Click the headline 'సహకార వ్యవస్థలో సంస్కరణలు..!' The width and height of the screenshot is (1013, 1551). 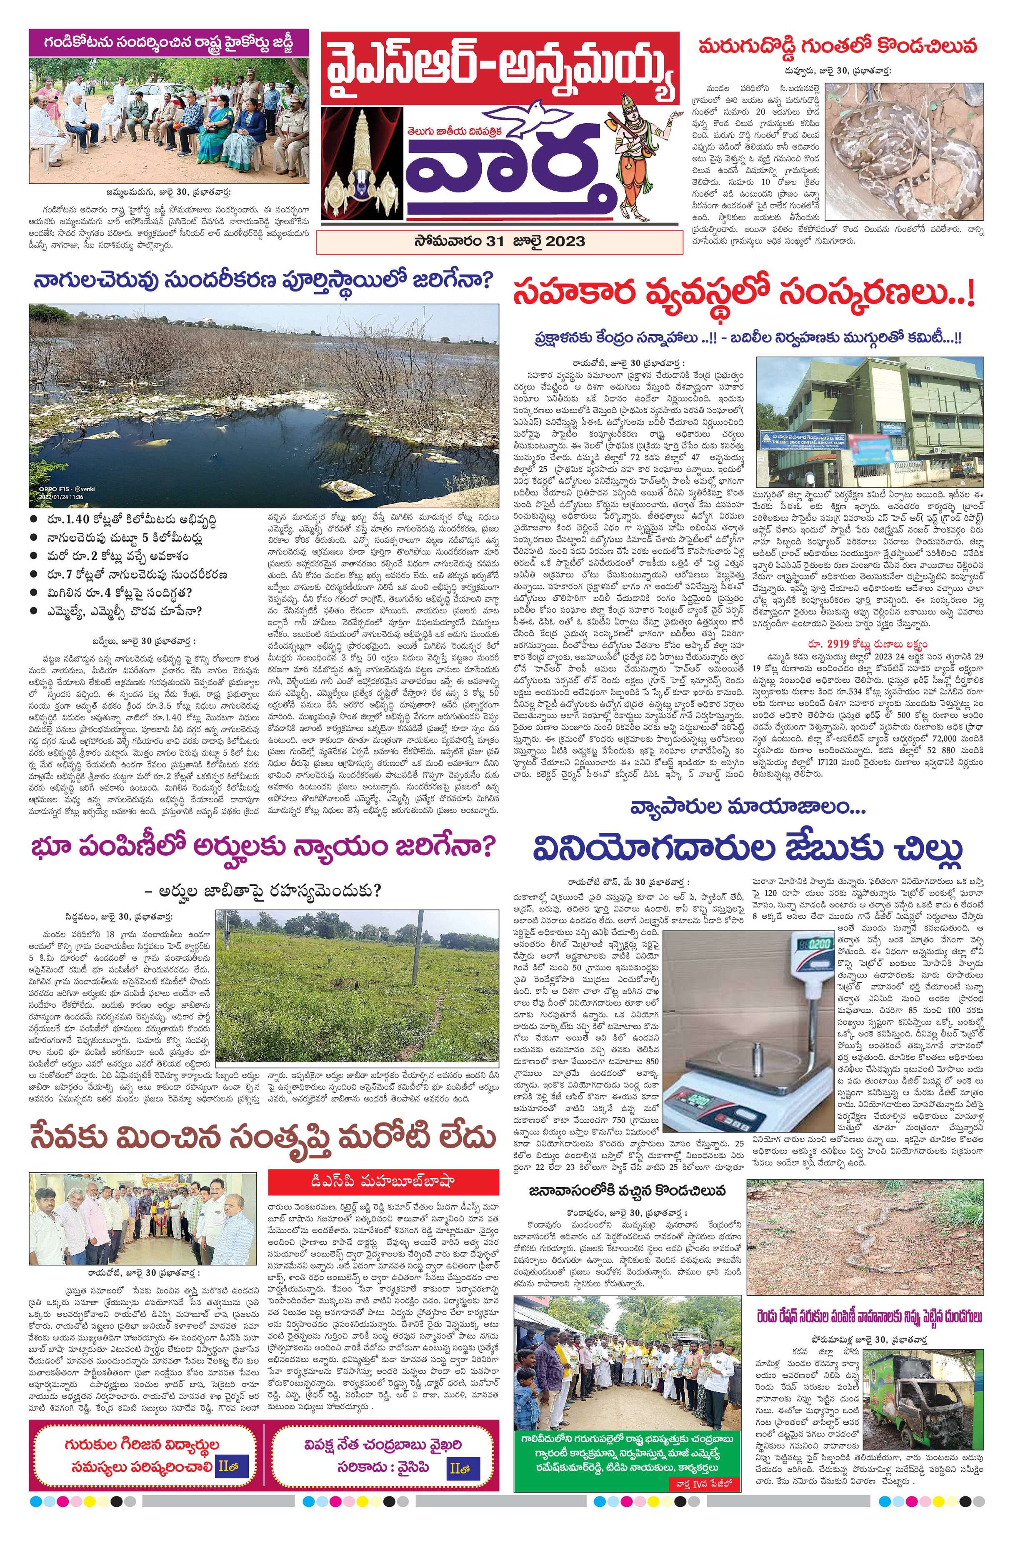[743, 292]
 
